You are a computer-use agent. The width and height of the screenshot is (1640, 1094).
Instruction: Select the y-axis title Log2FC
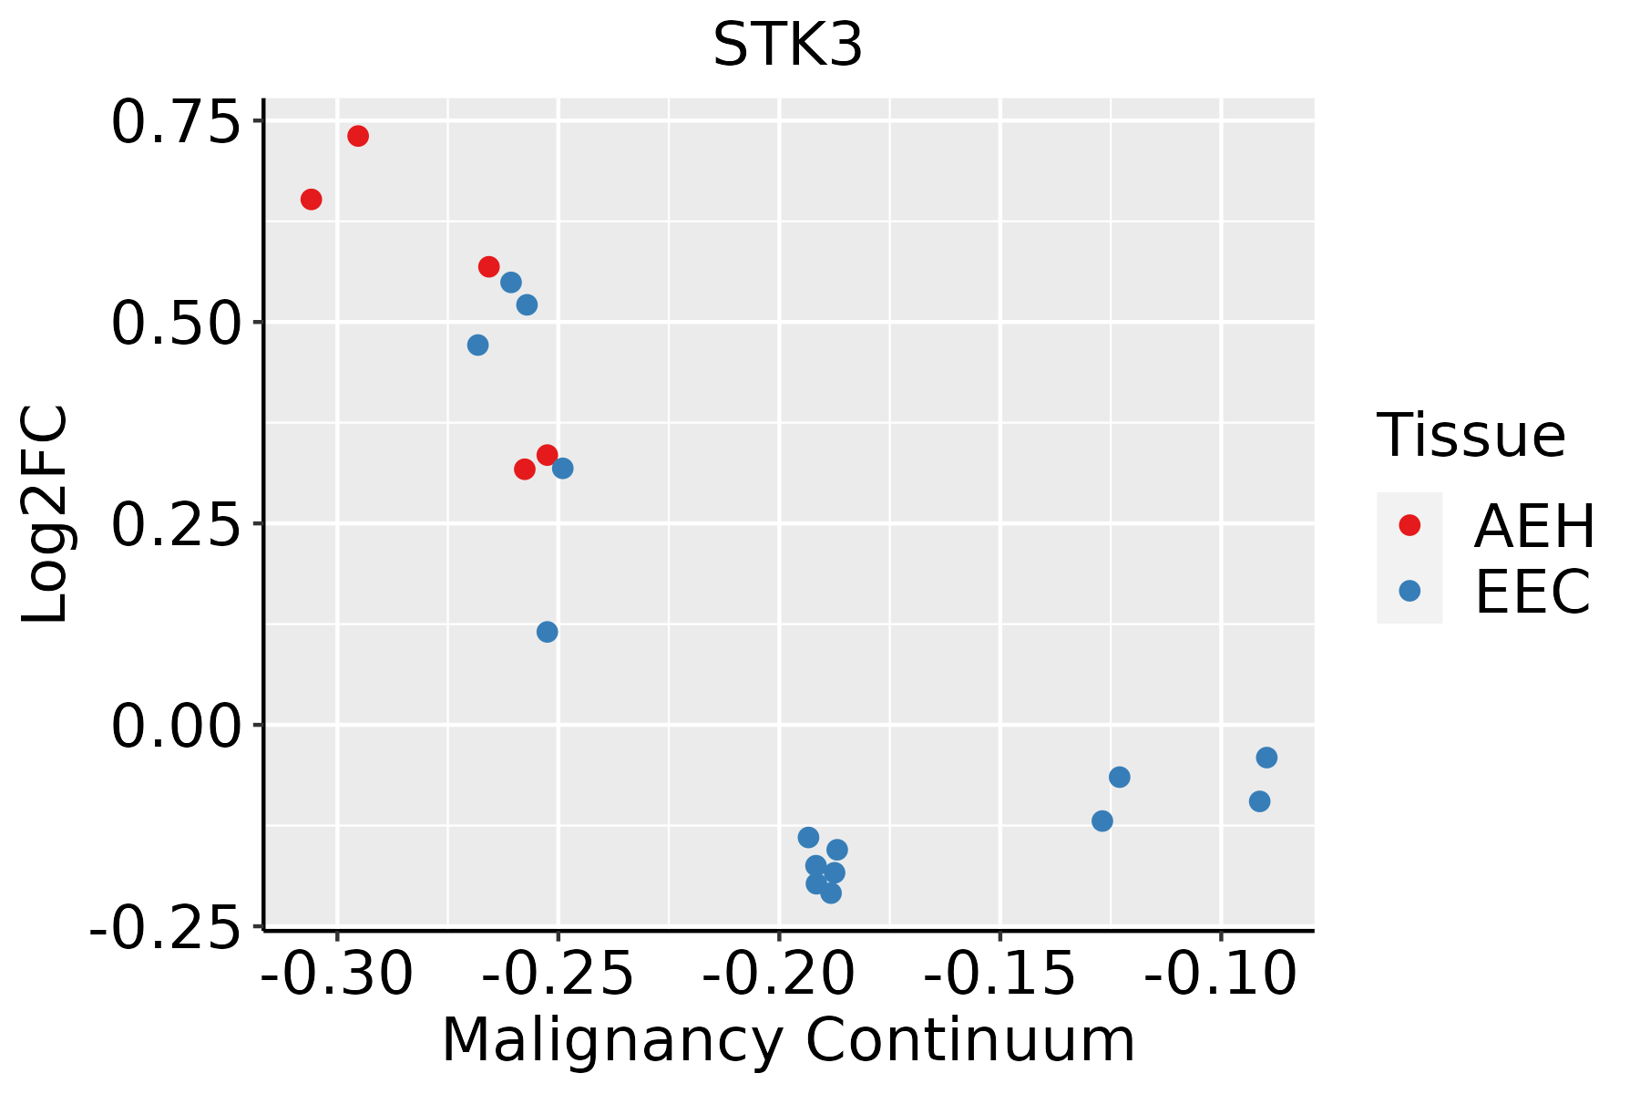coord(46,514)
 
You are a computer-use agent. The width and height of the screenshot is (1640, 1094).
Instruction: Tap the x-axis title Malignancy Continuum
coord(788,1040)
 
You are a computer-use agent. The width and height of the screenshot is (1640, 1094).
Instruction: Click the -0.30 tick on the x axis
coord(337,975)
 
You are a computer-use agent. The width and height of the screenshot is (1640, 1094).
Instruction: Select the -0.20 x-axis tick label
coord(779,975)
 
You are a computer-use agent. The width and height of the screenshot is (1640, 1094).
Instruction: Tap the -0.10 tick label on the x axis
coord(1221,975)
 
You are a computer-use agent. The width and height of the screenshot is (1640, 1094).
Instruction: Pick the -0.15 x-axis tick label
coord(1000,975)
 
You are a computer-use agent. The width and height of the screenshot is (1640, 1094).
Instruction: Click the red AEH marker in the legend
coord(1409,525)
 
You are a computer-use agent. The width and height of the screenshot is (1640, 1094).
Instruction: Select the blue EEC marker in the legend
coord(1409,591)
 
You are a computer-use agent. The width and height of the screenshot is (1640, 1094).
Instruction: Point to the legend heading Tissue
coord(1471,436)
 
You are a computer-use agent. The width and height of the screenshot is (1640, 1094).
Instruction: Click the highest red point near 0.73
coord(358,136)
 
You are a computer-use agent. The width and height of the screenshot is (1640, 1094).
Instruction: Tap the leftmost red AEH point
coord(312,200)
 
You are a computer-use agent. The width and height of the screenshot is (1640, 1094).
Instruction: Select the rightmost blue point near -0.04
coord(1266,758)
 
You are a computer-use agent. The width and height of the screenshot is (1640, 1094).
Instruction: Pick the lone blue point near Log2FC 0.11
coord(548,632)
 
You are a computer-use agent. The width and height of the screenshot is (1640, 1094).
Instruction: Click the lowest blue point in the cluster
coord(831,893)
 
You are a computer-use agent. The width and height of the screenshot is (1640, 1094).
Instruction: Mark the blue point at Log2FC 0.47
coord(478,346)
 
